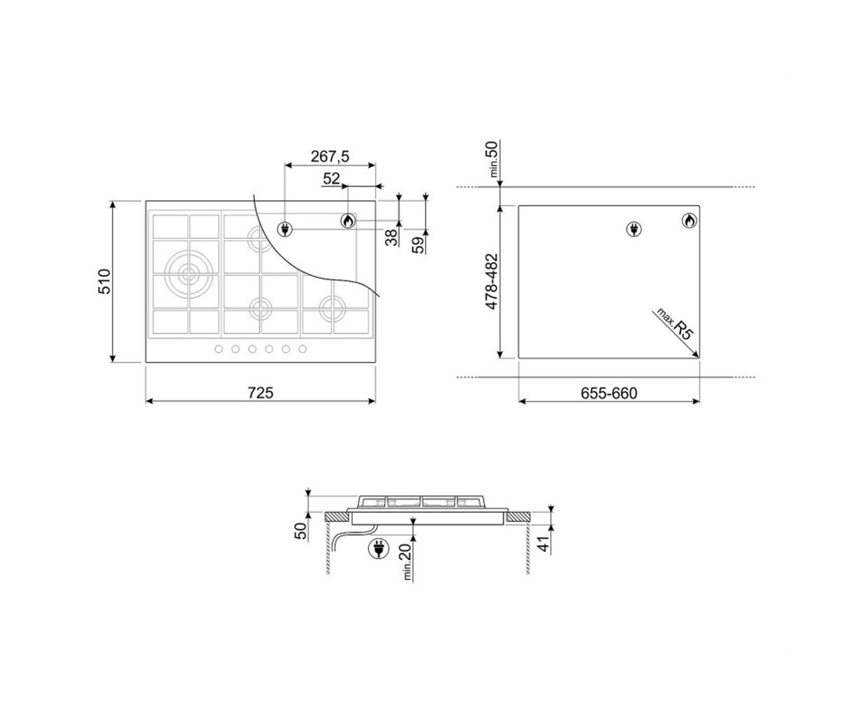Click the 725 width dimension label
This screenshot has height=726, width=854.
click(x=260, y=393)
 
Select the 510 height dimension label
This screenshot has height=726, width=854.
click(x=105, y=281)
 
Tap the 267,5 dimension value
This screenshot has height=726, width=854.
click(x=330, y=157)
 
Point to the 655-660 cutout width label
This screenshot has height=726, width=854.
click(x=608, y=393)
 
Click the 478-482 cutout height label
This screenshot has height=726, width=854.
click(x=492, y=281)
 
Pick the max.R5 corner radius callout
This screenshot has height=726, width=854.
click(x=674, y=324)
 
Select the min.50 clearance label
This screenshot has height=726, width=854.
click(x=494, y=159)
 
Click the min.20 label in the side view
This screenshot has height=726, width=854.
click(x=406, y=561)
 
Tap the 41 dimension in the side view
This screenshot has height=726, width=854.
click(x=545, y=543)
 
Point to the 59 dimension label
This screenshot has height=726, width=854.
click(x=419, y=245)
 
